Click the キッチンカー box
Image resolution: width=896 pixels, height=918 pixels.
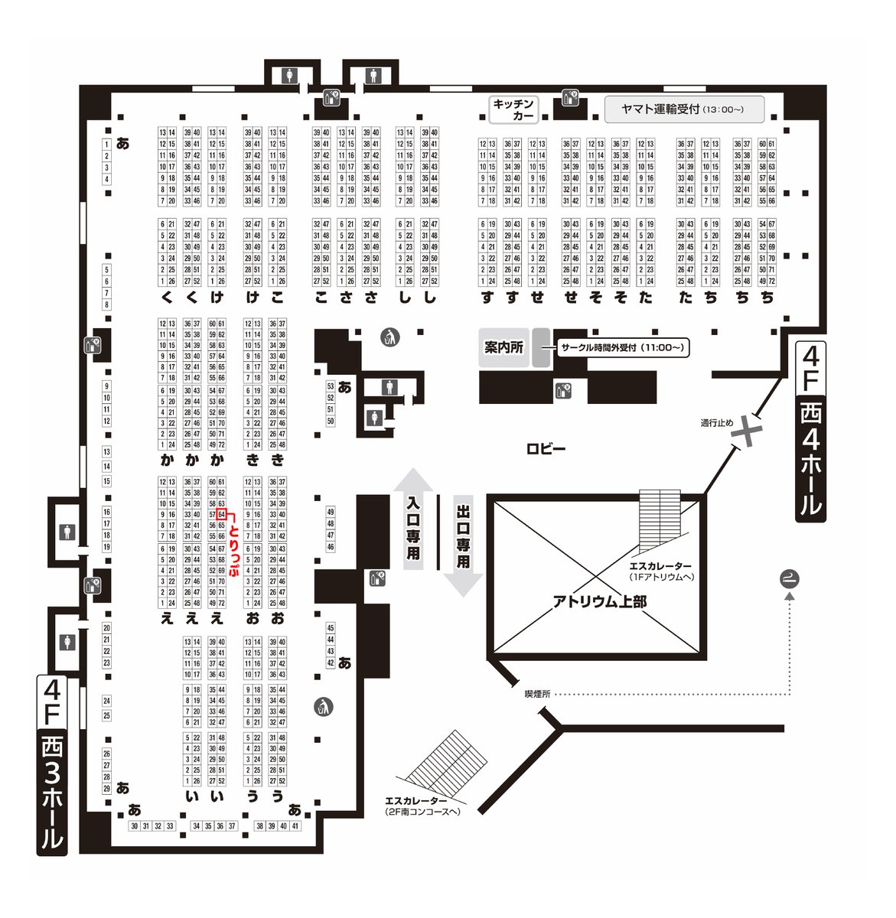[513, 109]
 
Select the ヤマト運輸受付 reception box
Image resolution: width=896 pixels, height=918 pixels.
[684, 109]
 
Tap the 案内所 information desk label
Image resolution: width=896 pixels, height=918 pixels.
[503, 347]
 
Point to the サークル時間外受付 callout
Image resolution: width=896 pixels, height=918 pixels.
[621, 348]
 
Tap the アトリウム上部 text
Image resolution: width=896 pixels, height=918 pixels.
[599, 602]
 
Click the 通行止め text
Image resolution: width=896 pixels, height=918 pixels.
[717, 422]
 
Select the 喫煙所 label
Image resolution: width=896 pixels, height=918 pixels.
[537, 694]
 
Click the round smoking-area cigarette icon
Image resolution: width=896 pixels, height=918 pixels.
[789, 578]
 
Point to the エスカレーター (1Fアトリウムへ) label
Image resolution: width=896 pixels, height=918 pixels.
[661, 571]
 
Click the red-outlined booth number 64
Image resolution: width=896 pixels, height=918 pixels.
[221, 515]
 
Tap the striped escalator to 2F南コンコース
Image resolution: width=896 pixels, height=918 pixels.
[446, 765]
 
